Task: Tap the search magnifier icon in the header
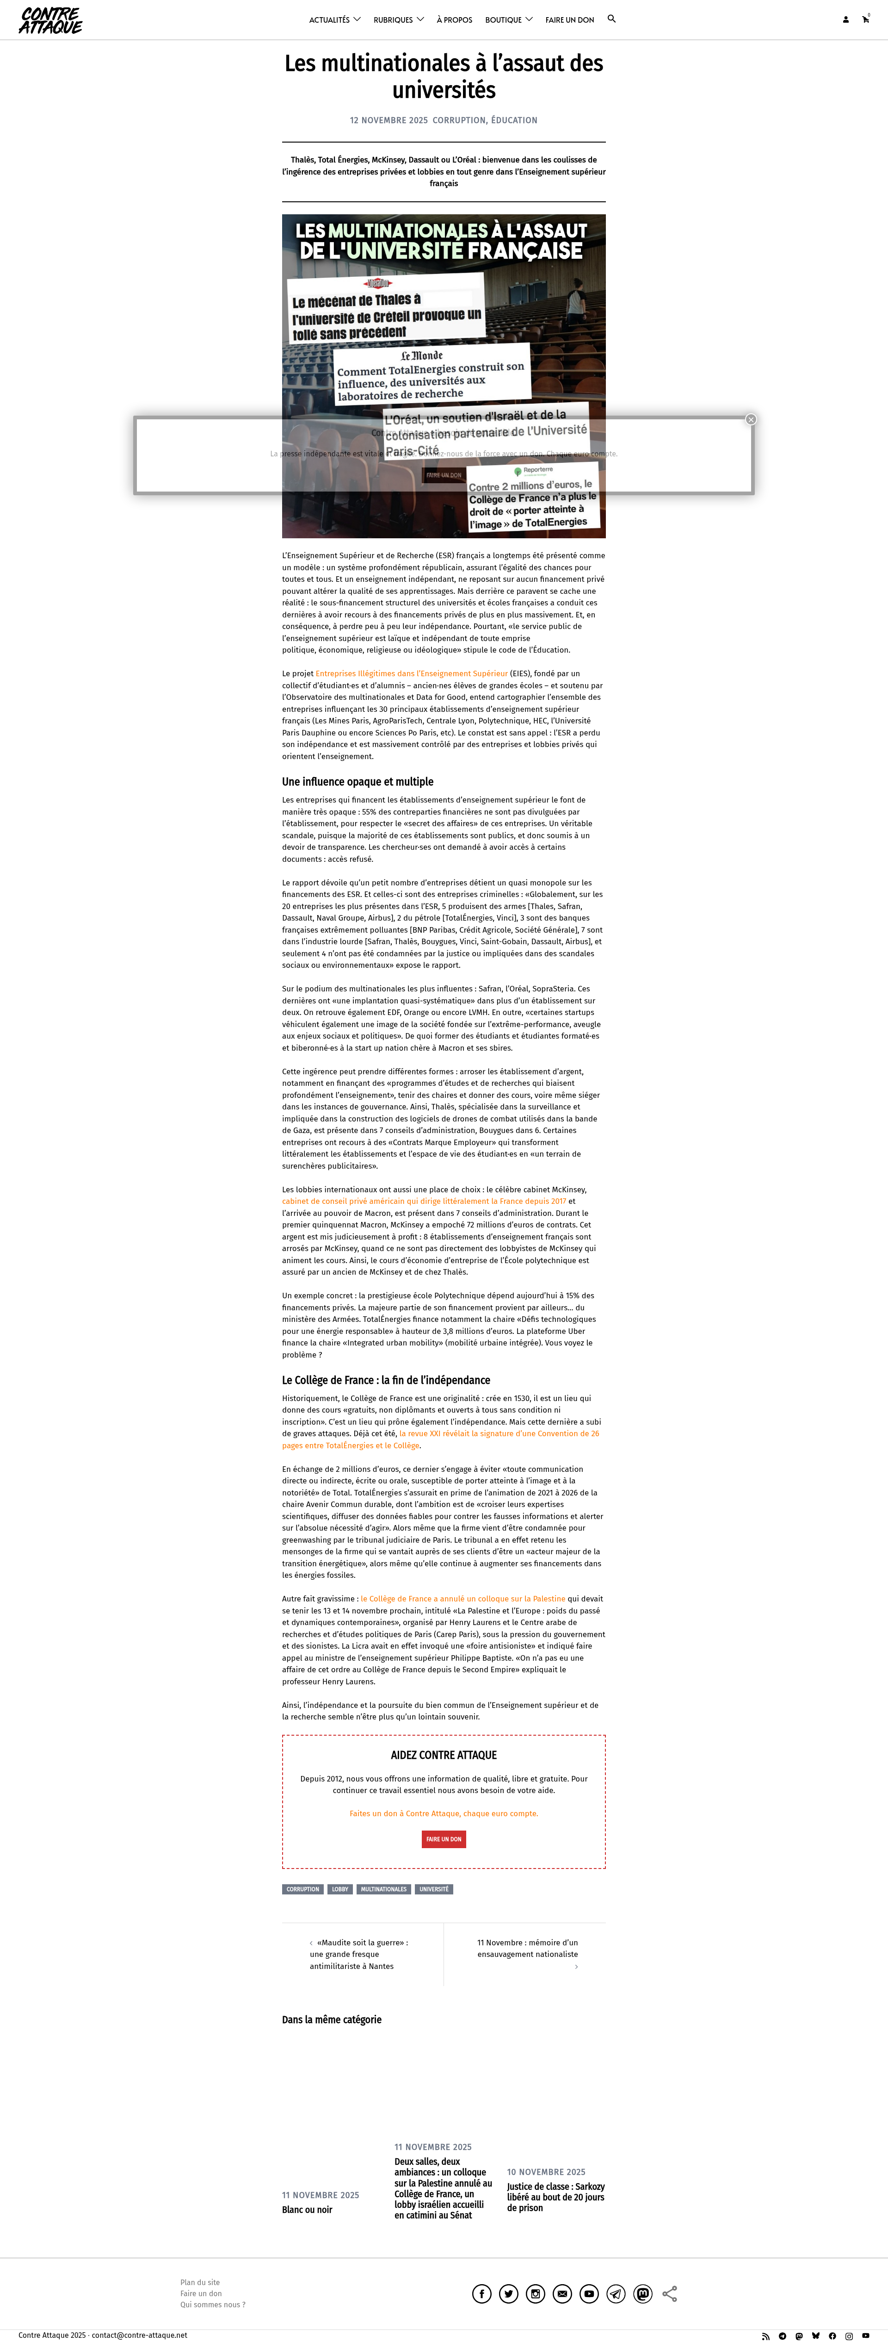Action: pyautogui.click(x=612, y=18)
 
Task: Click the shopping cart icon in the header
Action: pyautogui.click(x=865, y=19)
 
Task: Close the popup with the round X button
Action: pyautogui.click(x=751, y=419)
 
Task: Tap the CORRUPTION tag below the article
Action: pyautogui.click(x=302, y=1889)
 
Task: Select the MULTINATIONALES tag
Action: pyautogui.click(x=383, y=1889)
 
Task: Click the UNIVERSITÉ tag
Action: pyautogui.click(x=433, y=1889)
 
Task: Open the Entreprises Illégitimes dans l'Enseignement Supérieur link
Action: pyautogui.click(x=411, y=674)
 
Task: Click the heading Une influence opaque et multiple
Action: pyautogui.click(x=357, y=782)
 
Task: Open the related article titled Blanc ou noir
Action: pyautogui.click(x=307, y=2209)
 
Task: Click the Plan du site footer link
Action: pyautogui.click(x=200, y=2282)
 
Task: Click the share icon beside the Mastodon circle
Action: pyautogui.click(x=670, y=2294)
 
